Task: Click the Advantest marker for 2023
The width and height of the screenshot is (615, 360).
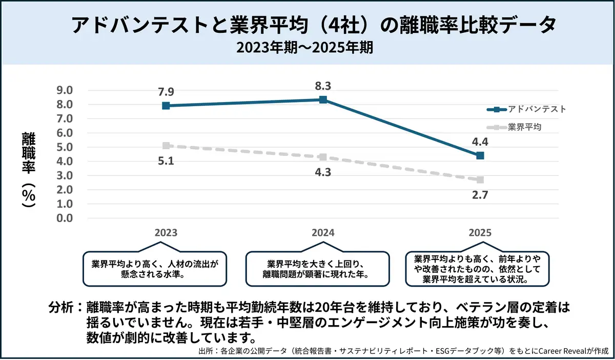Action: (166, 106)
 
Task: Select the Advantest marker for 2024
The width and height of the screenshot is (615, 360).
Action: (323, 99)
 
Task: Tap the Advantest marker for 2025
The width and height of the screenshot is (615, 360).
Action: (480, 155)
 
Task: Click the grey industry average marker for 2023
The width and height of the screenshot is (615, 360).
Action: (166, 146)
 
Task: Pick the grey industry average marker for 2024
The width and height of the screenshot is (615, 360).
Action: (323, 157)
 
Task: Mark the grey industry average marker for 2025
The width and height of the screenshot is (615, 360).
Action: (480, 180)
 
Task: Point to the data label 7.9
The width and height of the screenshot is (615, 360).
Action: (166, 92)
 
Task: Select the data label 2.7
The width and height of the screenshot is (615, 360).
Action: (480, 195)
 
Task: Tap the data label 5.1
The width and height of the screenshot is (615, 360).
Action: (166, 162)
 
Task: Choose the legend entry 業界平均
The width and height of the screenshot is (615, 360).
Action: (524, 127)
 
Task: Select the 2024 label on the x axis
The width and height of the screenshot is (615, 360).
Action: (323, 232)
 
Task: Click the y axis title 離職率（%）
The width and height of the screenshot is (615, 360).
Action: (28, 169)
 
